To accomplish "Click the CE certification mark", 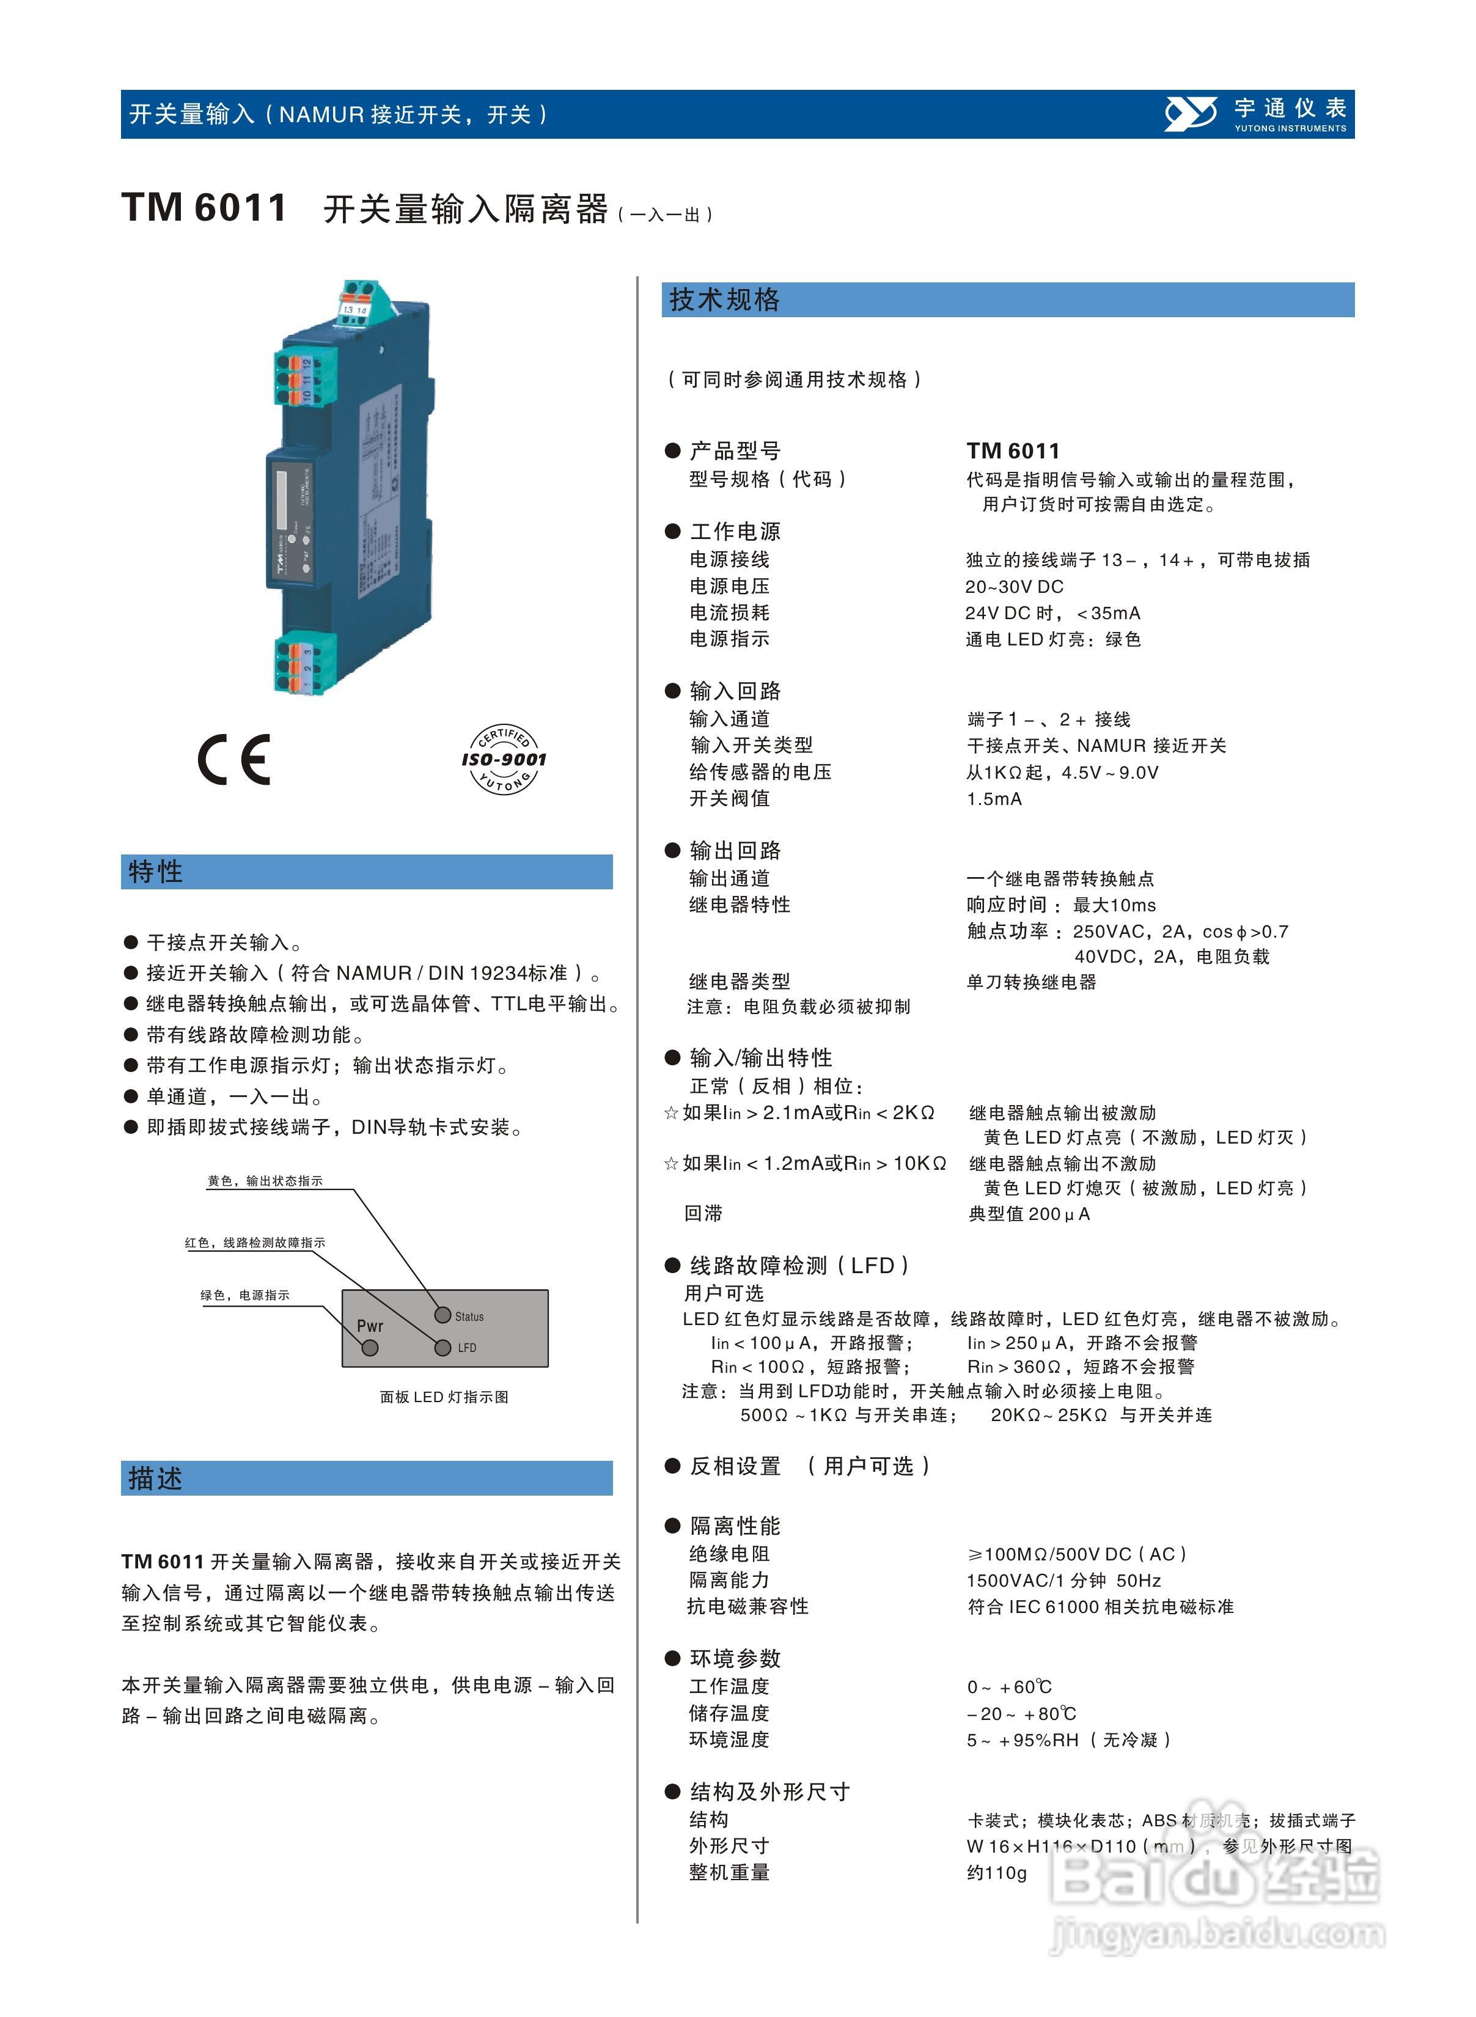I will pos(234,759).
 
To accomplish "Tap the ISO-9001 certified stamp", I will pos(504,759).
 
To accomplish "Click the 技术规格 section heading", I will pos(725,299).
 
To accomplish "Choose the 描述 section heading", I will pos(155,1479).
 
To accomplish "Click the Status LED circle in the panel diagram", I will pos(442,1315).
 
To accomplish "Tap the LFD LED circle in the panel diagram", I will pos(442,1347).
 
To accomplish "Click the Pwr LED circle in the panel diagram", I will pos(370,1347).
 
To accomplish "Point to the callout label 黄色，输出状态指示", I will pos(265,1181).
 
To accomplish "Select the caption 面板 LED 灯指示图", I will pos(444,1396).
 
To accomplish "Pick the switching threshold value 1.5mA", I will pos(994,799).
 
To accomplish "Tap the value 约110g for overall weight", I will pos(996,1872).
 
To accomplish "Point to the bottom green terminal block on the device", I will pos(306,661).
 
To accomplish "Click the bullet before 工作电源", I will pos(673,532).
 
